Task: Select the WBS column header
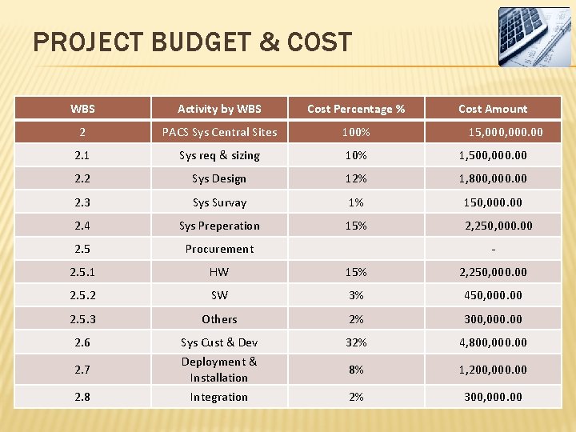click(82, 109)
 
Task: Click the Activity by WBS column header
click(219, 109)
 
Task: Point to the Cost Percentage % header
click(356, 109)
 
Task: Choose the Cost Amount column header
click(493, 109)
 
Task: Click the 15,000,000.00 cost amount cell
click(506, 132)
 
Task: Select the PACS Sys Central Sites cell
click(219, 132)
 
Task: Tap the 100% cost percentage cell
click(356, 132)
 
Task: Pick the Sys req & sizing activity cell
click(219, 155)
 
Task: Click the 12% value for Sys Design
click(356, 178)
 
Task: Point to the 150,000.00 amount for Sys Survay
click(493, 202)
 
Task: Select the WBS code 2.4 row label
click(82, 226)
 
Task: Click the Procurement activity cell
click(219, 249)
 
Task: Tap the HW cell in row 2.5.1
click(219, 272)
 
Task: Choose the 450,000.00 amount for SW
click(493, 295)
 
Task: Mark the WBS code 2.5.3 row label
click(82, 319)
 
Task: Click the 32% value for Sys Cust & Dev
click(356, 342)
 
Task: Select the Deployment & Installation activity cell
click(219, 370)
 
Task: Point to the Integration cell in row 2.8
click(219, 397)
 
